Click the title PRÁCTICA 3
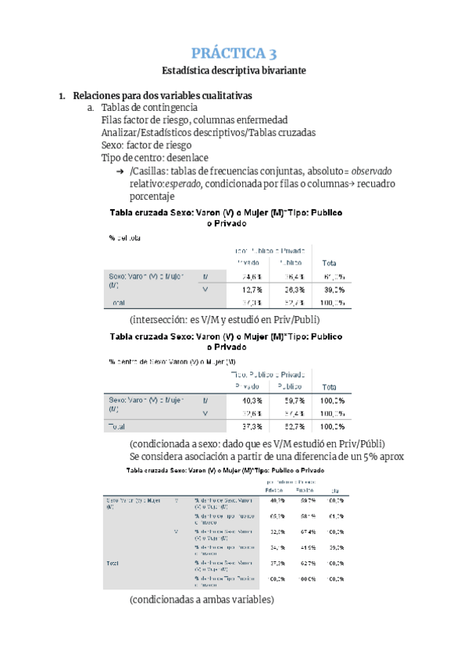234,53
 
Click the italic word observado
371,170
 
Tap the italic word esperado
181,183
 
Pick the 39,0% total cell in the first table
331,289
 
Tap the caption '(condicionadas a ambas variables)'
202,600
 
